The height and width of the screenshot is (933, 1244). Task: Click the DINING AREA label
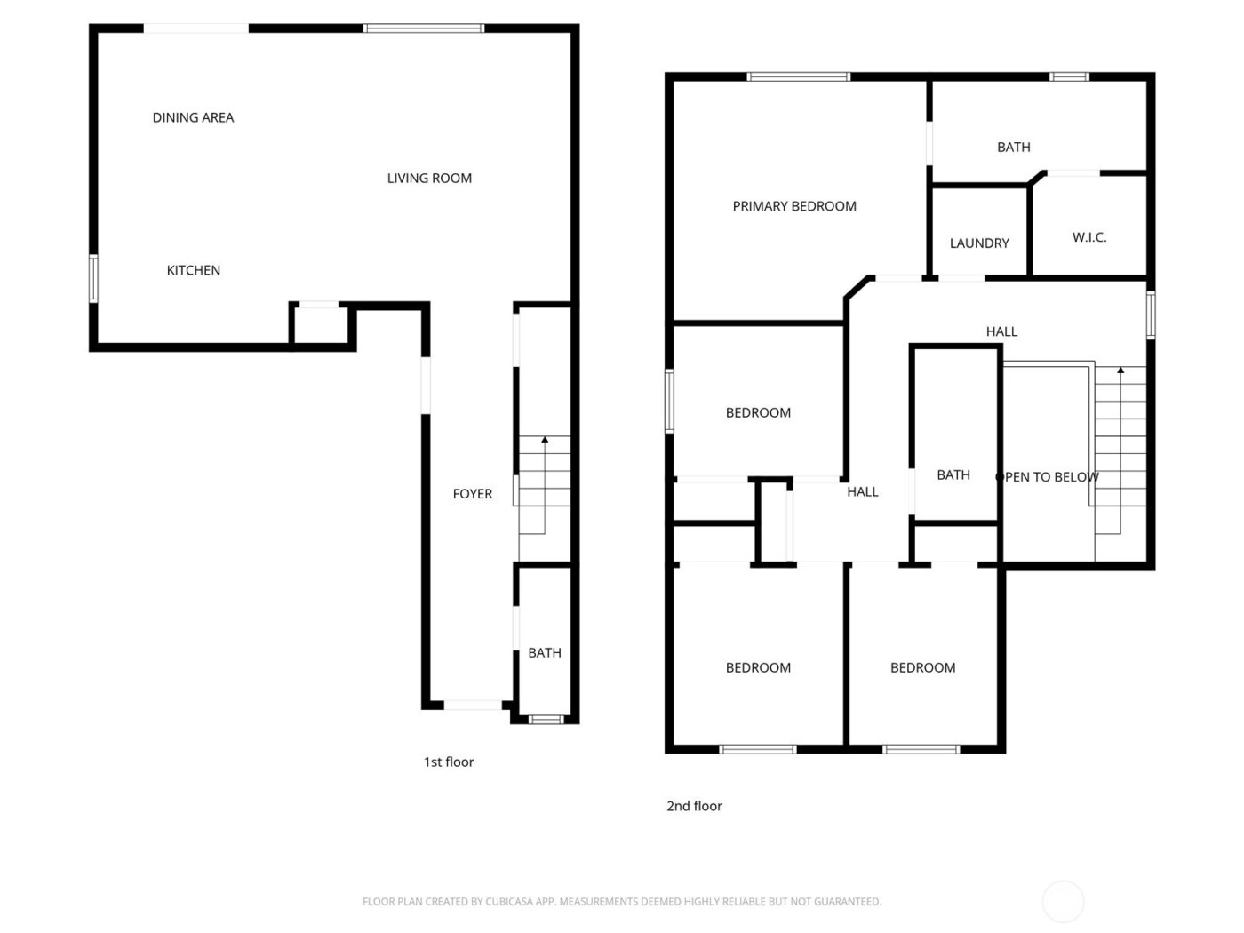[x=193, y=117]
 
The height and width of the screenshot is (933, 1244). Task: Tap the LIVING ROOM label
[x=429, y=178]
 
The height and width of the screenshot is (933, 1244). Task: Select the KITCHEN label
[x=194, y=270]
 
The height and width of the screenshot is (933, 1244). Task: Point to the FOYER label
[x=472, y=494]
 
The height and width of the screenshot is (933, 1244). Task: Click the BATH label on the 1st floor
[x=545, y=653]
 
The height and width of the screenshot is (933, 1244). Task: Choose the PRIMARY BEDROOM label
[x=794, y=206]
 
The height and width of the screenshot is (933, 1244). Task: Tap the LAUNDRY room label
[x=979, y=243]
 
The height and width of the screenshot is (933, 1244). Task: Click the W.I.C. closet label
[x=1088, y=237]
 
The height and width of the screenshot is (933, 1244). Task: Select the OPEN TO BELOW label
[x=1048, y=477]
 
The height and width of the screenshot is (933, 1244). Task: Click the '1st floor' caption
[x=449, y=762]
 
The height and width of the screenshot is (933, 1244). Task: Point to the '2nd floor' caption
[x=694, y=806]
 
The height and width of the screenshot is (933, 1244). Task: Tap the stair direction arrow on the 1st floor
[x=545, y=440]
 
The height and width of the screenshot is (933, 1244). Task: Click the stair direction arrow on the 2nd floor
[x=1120, y=370]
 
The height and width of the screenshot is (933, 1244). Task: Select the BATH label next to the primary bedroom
[x=1013, y=148]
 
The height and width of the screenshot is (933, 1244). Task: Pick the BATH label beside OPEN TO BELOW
[x=953, y=475]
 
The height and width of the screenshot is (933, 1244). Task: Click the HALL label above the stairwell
[x=1001, y=331]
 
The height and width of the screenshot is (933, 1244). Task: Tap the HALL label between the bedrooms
[x=862, y=491]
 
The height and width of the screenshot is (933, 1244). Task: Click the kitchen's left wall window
[x=93, y=279]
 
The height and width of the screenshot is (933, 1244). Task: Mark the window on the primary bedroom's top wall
[x=799, y=77]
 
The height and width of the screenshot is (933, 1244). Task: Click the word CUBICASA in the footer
[x=508, y=902]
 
